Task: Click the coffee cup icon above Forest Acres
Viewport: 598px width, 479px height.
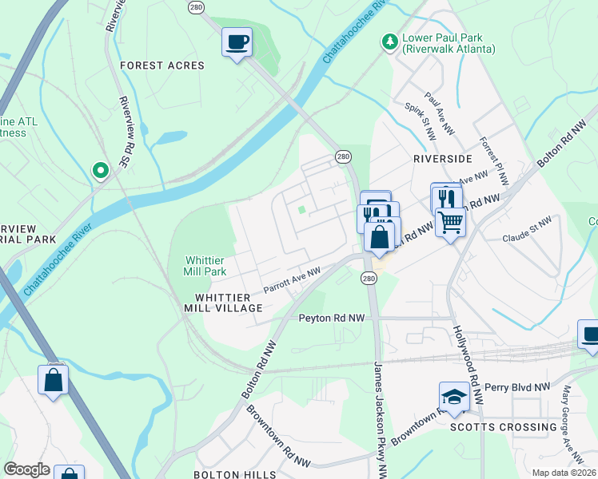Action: tap(237, 42)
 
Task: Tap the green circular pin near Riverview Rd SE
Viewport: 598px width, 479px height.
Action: tap(100, 169)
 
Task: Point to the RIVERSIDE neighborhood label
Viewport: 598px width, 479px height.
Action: tap(442, 159)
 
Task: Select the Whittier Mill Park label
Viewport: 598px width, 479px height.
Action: tap(205, 266)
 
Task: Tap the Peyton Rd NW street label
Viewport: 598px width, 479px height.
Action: tap(331, 318)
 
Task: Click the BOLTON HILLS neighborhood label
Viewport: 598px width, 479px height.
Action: tap(235, 474)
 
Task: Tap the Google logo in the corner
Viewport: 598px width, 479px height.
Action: tap(26, 469)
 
